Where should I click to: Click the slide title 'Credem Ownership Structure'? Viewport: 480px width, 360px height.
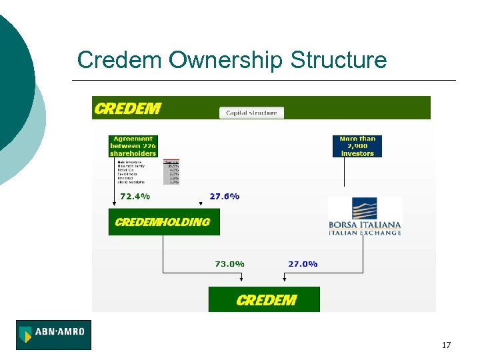(x=231, y=60)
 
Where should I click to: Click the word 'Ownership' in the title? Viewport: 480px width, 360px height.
(x=226, y=61)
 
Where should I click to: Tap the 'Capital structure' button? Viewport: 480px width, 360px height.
(x=251, y=113)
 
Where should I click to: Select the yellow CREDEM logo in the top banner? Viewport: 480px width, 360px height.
(x=128, y=108)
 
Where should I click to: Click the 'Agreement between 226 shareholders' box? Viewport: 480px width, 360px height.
(x=133, y=146)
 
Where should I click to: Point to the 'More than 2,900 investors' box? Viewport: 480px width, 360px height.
(x=357, y=146)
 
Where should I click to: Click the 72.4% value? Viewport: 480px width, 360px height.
(x=135, y=197)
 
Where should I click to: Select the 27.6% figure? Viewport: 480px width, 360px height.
(x=224, y=197)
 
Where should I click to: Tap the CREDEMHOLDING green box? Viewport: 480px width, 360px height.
(x=163, y=222)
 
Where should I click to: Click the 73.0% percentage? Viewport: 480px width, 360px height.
(x=229, y=264)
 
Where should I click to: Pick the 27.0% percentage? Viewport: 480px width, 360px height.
(x=303, y=264)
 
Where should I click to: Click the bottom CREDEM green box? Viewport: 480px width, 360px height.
(x=265, y=299)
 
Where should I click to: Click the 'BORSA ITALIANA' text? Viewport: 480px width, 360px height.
(x=365, y=225)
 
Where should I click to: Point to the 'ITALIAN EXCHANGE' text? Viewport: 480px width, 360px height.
(x=365, y=233)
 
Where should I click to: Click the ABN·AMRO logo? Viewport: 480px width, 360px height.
(x=53, y=335)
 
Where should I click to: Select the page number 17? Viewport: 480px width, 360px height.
(x=446, y=345)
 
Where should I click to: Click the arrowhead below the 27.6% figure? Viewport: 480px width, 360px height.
(x=201, y=204)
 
